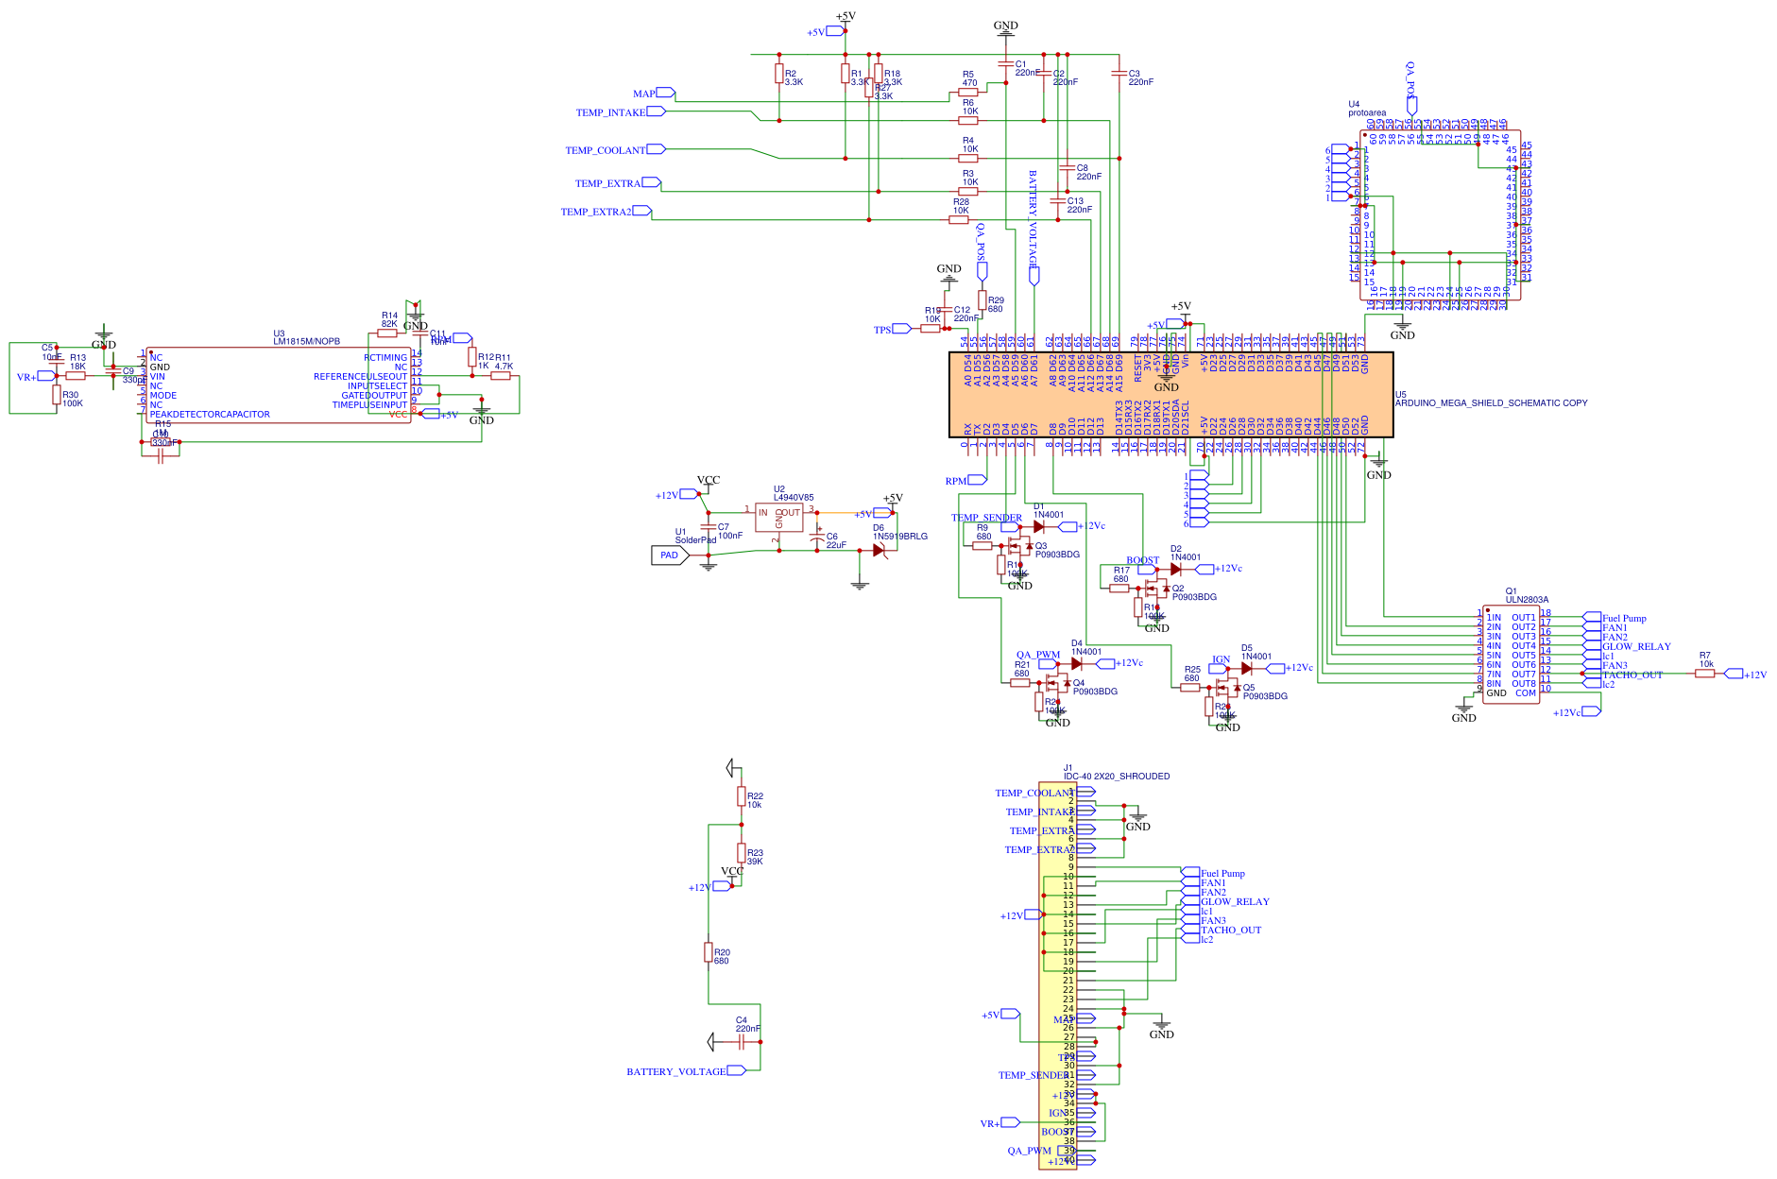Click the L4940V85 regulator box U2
coord(778,517)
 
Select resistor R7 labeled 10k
coord(1704,674)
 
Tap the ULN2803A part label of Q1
coord(1527,599)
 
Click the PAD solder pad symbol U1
coord(670,555)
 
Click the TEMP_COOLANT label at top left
coord(605,150)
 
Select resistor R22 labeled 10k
coord(742,796)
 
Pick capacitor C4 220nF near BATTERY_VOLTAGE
coord(742,1041)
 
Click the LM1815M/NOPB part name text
coord(306,341)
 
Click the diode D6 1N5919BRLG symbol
coord(879,549)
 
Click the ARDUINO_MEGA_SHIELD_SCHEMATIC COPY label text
coord(1491,402)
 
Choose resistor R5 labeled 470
coord(968,93)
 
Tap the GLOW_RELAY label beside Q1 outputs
coord(1635,646)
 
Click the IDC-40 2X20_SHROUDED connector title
coord(1116,776)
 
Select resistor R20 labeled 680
coord(709,951)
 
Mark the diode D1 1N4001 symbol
coord(1039,526)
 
